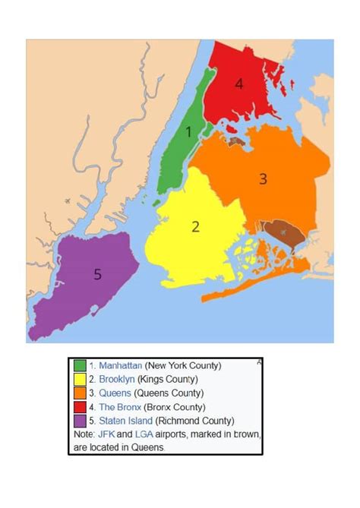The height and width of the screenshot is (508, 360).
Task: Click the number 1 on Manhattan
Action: (x=189, y=132)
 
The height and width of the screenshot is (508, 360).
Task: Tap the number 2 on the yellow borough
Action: (x=195, y=226)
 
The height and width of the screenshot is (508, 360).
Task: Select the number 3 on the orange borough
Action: (x=263, y=179)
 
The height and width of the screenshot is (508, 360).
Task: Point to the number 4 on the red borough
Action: (x=239, y=84)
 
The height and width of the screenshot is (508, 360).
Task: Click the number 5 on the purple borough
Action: (x=97, y=274)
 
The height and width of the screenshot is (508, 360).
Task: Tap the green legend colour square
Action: (x=80, y=366)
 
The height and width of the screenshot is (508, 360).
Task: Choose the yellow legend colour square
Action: (x=80, y=379)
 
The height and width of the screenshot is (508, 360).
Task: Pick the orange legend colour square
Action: (x=80, y=393)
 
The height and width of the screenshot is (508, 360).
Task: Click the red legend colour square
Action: (x=80, y=406)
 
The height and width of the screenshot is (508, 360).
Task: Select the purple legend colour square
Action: (x=80, y=420)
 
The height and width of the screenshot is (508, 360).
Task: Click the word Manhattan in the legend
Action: (x=121, y=365)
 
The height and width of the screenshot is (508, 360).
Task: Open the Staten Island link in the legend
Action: (x=126, y=420)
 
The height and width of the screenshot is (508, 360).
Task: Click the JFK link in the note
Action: (x=106, y=434)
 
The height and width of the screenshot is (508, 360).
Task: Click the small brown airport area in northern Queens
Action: (x=235, y=140)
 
